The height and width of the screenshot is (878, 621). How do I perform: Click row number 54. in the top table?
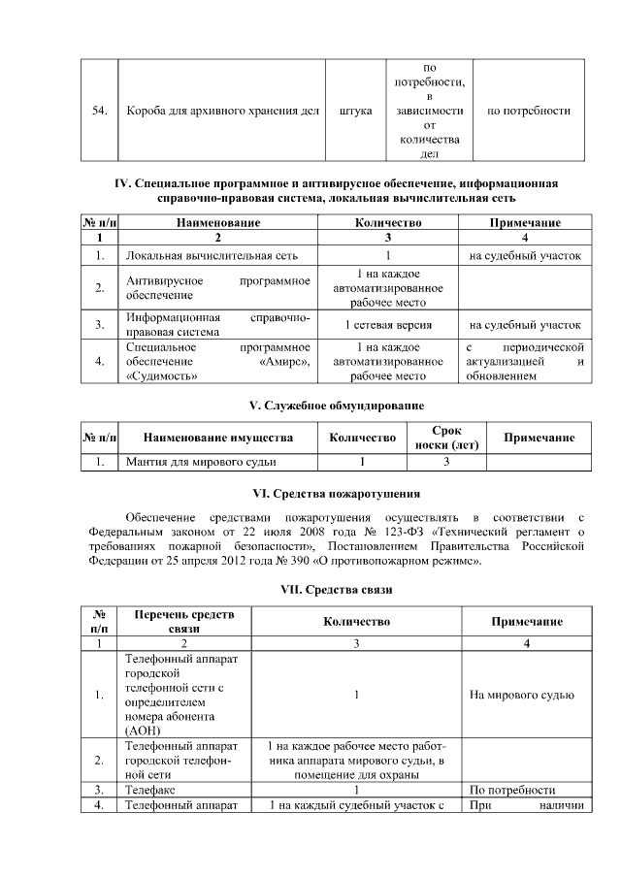click(x=98, y=111)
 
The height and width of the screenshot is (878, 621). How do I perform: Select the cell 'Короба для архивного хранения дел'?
click(x=223, y=111)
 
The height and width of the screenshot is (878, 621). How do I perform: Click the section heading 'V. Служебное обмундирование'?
click(x=337, y=404)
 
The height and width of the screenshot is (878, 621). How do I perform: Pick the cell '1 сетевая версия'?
click(x=388, y=325)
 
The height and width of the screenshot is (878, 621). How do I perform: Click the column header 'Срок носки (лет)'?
click(x=446, y=438)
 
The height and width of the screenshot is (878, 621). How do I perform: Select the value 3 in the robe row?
click(x=446, y=463)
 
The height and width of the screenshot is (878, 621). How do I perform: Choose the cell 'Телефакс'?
click(x=149, y=789)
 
